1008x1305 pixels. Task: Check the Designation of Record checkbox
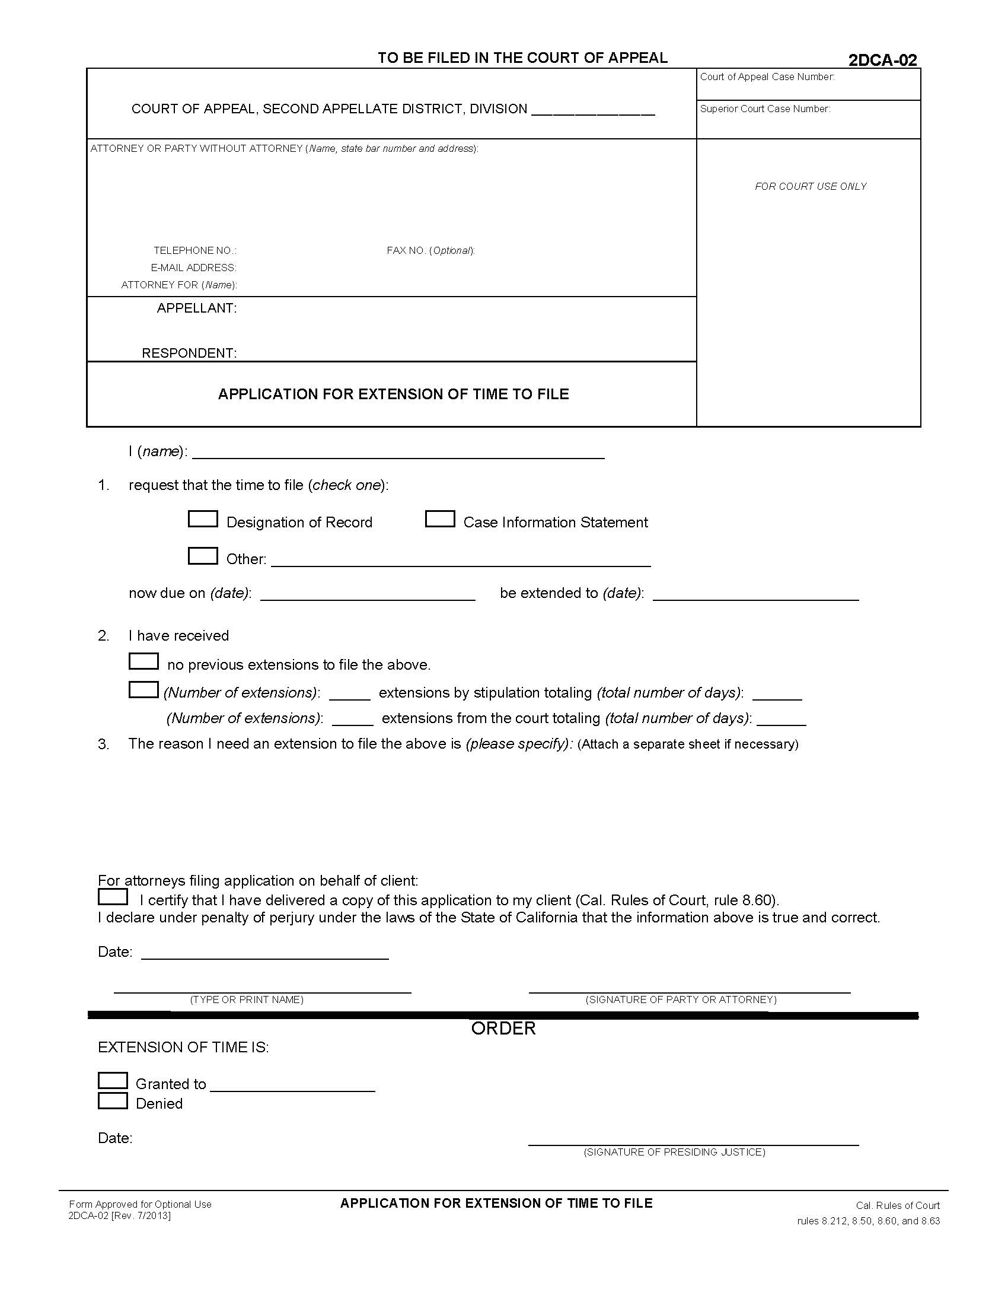(202, 518)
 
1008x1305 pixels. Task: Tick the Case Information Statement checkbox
(439, 518)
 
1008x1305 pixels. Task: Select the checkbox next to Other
(202, 556)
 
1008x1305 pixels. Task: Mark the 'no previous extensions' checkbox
(143, 661)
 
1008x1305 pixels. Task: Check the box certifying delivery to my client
(112, 897)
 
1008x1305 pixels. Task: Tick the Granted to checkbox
(112, 1080)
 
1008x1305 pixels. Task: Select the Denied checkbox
(112, 1100)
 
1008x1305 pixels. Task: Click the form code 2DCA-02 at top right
(882, 60)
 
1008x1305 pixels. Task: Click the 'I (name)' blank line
(398, 453)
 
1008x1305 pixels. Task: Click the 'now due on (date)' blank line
(367, 594)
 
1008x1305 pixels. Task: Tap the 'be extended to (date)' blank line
(755, 594)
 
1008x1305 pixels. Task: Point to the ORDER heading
(503, 1029)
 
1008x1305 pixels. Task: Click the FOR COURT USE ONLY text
(811, 186)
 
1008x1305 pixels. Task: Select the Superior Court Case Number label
(764, 109)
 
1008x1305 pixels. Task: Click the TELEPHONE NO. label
(194, 250)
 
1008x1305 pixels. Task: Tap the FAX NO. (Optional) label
(430, 250)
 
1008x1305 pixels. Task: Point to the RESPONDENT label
(189, 353)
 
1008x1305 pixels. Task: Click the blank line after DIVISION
(592, 110)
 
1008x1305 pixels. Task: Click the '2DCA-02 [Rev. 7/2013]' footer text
(119, 1216)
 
